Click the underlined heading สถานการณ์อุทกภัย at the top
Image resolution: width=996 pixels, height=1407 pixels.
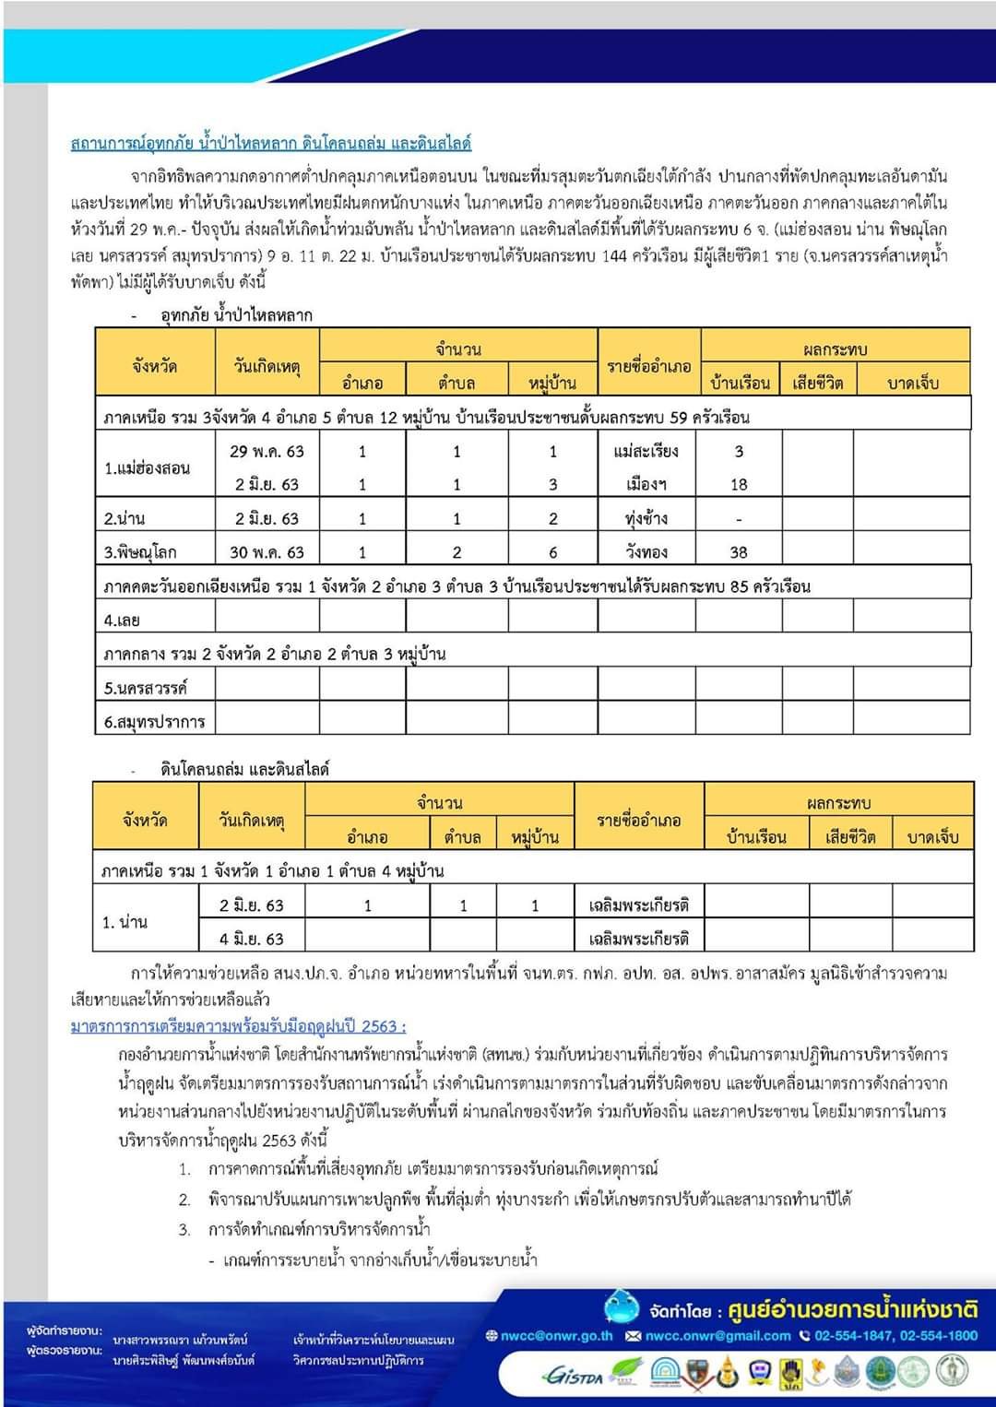click(x=271, y=143)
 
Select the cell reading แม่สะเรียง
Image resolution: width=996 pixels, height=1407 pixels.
click(x=646, y=451)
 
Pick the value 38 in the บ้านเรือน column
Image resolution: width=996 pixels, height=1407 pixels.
click(x=739, y=552)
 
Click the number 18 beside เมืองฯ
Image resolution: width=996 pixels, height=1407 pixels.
click(x=739, y=484)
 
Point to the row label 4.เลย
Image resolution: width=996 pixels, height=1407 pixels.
click(x=122, y=621)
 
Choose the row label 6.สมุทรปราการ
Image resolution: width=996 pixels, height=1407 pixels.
click(x=154, y=721)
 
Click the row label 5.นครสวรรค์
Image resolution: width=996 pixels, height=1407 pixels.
click(x=146, y=688)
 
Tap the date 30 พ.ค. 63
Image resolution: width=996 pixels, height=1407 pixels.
click(x=267, y=552)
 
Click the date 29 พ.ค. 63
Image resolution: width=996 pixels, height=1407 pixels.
click(x=267, y=451)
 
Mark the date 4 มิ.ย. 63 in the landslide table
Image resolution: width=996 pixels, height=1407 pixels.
click(x=251, y=939)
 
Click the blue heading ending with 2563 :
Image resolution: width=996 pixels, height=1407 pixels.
click(x=238, y=1026)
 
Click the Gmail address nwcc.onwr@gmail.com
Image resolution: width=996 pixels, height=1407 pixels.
click(x=717, y=1335)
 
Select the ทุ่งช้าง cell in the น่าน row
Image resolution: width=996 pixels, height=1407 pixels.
click(x=646, y=518)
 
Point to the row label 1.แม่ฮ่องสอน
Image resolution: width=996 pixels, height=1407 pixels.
click(x=147, y=467)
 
